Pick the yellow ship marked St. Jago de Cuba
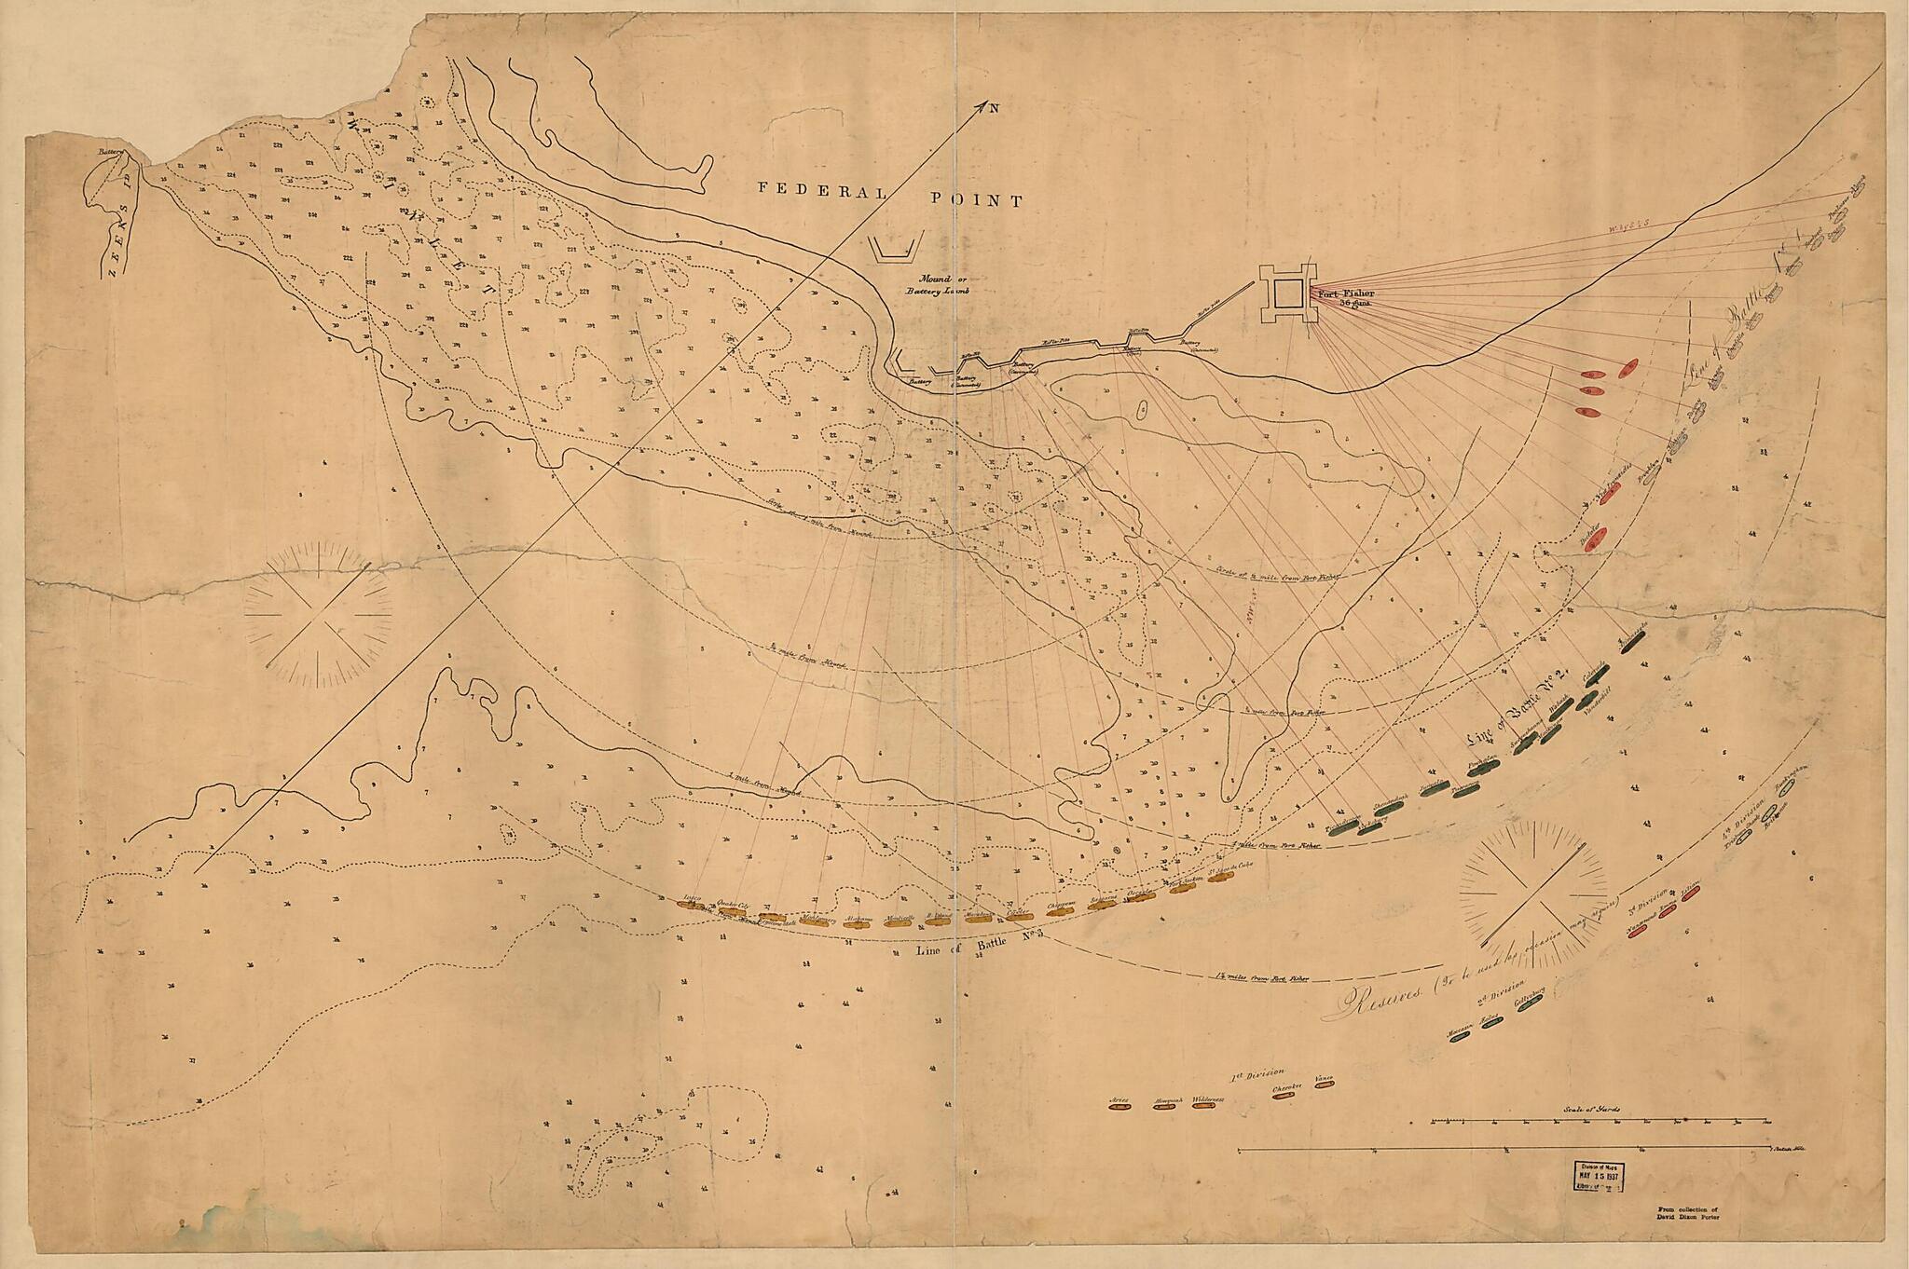(x=1217, y=880)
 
